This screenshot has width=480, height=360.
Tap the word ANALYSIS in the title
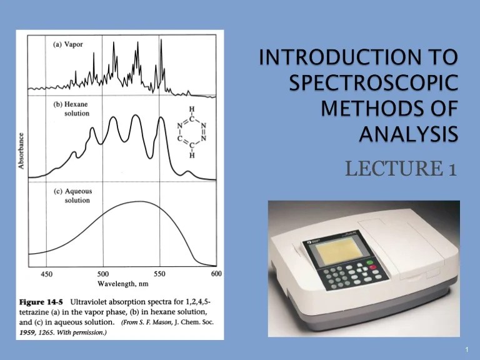[x=407, y=133]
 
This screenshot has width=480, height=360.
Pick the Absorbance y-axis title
[x=22, y=151]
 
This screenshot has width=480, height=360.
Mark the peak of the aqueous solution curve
[x=141, y=202]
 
